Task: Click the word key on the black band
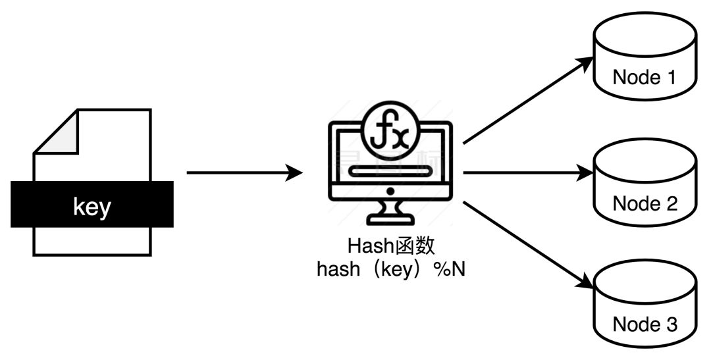(92, 207)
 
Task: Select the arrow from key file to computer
(244, 174)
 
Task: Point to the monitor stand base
(390, 217)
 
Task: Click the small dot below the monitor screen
(390, 191)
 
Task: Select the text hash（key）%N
(391, 270)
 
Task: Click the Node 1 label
(644, 78)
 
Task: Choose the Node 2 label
(644, 203)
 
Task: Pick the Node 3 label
(644, 324)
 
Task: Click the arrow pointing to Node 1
(527, 99)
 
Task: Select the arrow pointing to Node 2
(527, 174)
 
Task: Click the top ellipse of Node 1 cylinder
(644, 32)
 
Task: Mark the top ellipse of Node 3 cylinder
(644, 280)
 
